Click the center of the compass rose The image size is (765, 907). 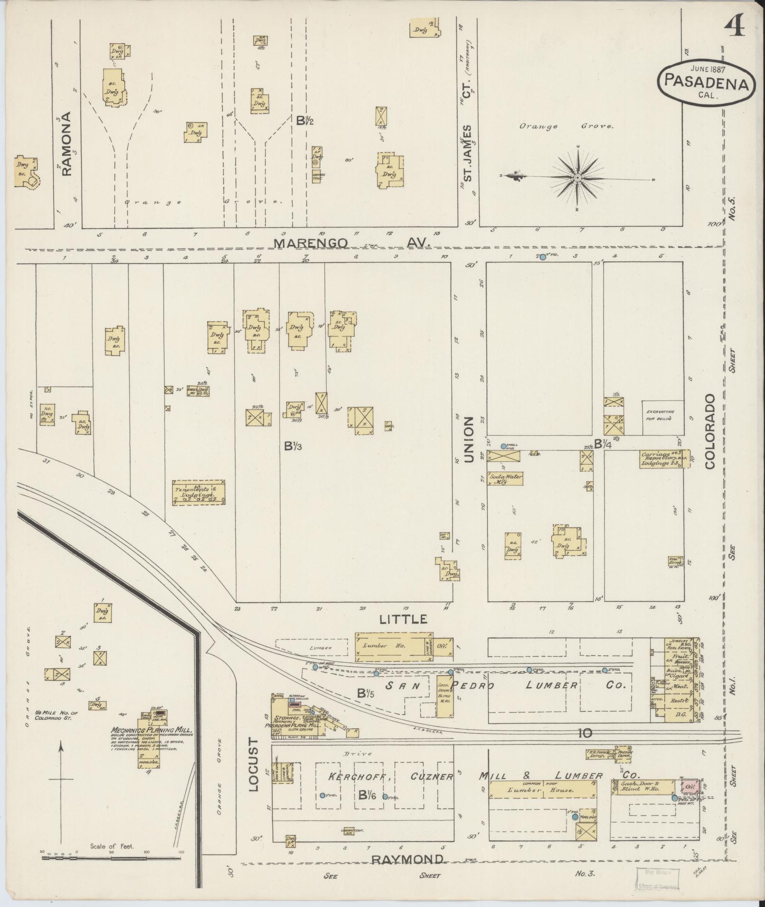[x=578, y=178]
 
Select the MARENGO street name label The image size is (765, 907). [x=311, y=243]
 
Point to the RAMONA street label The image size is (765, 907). [x=66, y=144]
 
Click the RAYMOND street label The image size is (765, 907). [x=407, y=860]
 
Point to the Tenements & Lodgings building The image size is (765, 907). [x=198, y=493]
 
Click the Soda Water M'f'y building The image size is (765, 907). [x=505, y=478]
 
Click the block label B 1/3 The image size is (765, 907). [x=293, y=445]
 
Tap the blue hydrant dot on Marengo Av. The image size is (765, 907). [x=543, y=257]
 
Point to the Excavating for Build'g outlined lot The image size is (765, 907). [x=663, y=418]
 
